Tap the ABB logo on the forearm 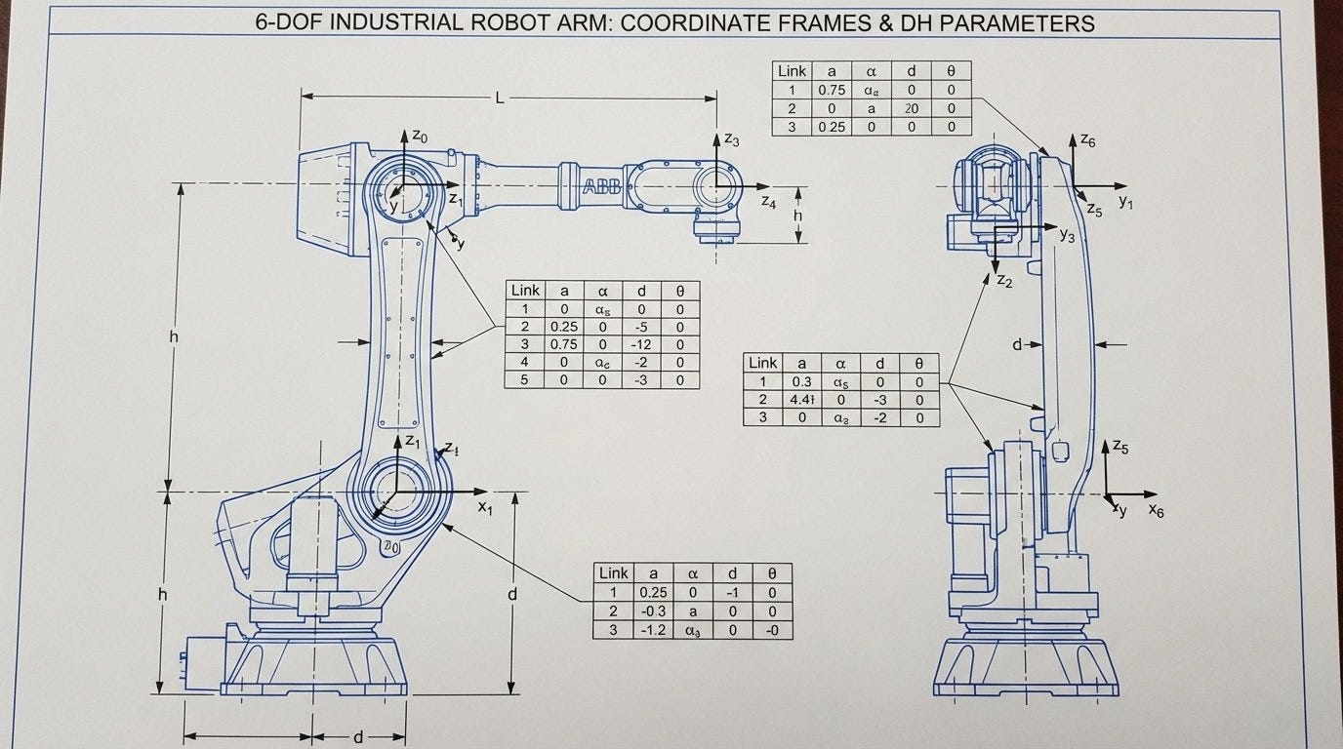click(601, 189)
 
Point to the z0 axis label click(419, 137)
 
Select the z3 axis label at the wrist click(732, 139)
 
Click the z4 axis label click(768, 203)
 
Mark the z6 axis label click(1088, 141)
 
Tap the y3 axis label click(1067, 235)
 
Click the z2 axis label click(1004, 281)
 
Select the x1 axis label click(485, 507)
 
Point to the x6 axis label click(1156, 510)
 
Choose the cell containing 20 click(911, 108)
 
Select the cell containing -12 click(640, 344)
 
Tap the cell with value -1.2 click(653, 630)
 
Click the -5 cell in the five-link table click(640, 327)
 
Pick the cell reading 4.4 click(802, 400)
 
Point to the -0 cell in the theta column click(771, 630)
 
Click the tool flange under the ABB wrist click(716, 230)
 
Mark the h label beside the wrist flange click(797, 216)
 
